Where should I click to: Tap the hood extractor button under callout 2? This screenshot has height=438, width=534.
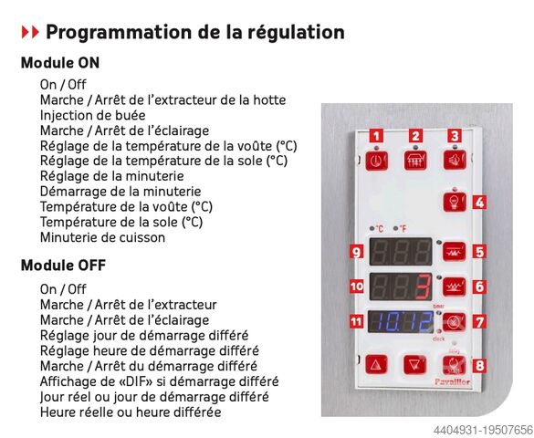[415, 160]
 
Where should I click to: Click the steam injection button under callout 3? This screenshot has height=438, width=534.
[455, 160]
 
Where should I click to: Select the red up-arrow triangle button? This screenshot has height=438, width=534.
[376, 365]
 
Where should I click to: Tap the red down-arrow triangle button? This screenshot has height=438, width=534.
[415, 365]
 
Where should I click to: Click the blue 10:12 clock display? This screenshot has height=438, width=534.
[401, 321]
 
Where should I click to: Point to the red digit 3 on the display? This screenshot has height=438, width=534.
[424, 287]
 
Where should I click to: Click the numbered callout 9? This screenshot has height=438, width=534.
[357, 252]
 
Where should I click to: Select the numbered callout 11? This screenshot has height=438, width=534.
[357, 321]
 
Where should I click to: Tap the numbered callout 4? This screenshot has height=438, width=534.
[479, 203]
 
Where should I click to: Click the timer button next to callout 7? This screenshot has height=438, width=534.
[454, 322]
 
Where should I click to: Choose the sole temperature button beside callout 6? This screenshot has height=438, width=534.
[454, 287]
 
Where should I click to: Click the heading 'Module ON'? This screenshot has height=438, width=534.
[60, 63]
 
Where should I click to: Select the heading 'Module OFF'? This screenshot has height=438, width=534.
[63, 266]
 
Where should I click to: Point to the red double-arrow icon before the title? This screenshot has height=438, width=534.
[30, 32]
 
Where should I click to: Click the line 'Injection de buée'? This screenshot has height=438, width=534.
[92, 115]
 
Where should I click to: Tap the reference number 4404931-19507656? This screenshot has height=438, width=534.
[483, 430]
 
